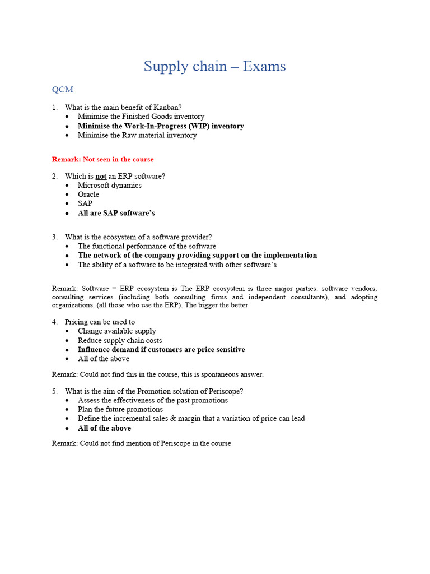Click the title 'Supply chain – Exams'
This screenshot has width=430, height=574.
[214, 66]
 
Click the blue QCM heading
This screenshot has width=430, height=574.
[63, 90]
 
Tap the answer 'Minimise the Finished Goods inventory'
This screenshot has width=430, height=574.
[141, 117]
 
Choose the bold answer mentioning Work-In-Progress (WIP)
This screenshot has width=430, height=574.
[161, 126]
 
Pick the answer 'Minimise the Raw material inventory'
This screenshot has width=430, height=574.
[137, 135]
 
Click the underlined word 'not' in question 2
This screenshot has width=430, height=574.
[101, 176]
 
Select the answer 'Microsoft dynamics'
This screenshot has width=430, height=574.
[110, 185]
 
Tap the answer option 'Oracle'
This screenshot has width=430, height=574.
[88, 195]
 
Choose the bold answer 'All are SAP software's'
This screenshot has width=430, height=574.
[116, 213]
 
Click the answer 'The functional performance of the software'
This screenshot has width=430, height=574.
[147, 246]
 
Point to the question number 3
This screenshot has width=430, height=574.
[54, 237]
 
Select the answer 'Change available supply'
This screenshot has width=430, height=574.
[117, 331]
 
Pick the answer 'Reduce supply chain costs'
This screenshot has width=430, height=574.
[120, 340]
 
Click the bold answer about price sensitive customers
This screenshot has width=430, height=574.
[161, 349]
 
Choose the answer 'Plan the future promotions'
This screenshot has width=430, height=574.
[120, 409]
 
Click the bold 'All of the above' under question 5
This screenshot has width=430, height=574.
[104, 428]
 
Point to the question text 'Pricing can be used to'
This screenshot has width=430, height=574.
[100, 322]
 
